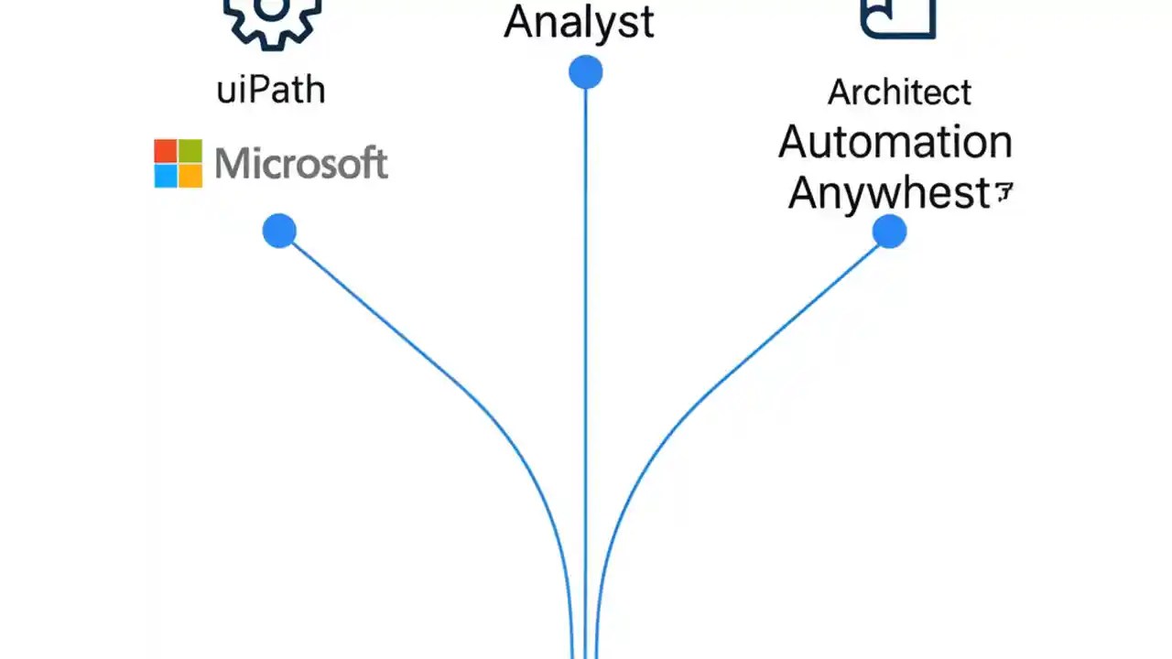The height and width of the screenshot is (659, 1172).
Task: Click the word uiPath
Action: click(271, 91)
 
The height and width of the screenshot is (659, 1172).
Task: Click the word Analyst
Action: click(579, 22)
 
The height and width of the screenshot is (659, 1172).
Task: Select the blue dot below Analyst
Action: click(585, 72)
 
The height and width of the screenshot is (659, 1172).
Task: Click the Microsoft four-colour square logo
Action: click(178, 164)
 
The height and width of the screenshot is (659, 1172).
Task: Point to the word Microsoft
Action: click(301, 164)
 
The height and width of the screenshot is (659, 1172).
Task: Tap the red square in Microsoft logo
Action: click(166, 151)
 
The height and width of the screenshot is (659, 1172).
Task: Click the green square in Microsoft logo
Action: click(190, 151)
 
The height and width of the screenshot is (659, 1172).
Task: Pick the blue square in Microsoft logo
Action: click(166, 176)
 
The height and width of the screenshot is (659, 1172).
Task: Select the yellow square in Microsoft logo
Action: click(190, 176)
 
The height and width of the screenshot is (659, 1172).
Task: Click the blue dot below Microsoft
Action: click(279, 232)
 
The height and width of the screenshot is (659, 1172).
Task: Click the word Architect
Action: click(899, 92)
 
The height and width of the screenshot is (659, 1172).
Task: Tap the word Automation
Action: click(895, 143)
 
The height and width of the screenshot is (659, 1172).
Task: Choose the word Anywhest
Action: click(889, 193)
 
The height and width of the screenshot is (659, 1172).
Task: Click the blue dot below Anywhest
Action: click(889, 232)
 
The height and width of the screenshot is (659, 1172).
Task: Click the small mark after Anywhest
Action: click(1004, 192)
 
